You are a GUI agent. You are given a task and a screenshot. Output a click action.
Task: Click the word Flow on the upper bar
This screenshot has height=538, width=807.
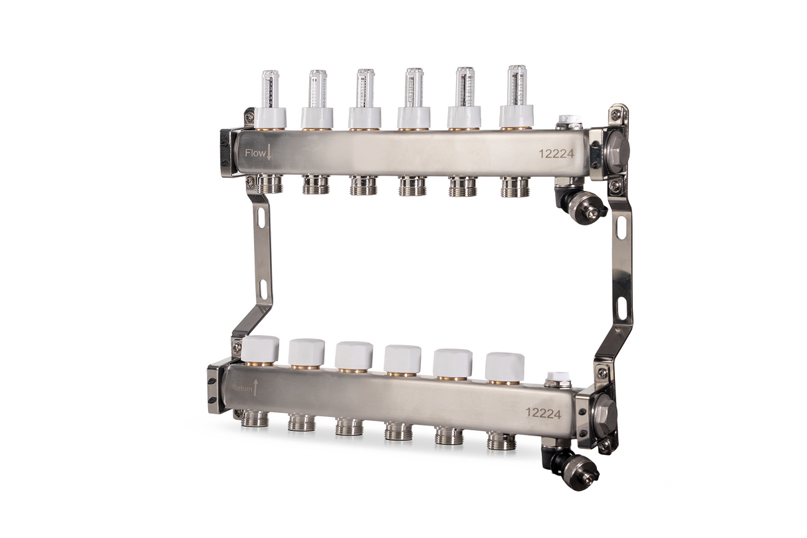click(x=255, y=153)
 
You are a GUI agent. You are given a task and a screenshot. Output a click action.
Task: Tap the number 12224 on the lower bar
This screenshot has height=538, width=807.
click(x=543, y=413)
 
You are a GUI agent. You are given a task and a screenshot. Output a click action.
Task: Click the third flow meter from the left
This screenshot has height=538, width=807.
click(x=364, y=88)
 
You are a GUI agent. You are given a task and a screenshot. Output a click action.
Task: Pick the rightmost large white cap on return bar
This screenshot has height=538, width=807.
click(x=505, y=366)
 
